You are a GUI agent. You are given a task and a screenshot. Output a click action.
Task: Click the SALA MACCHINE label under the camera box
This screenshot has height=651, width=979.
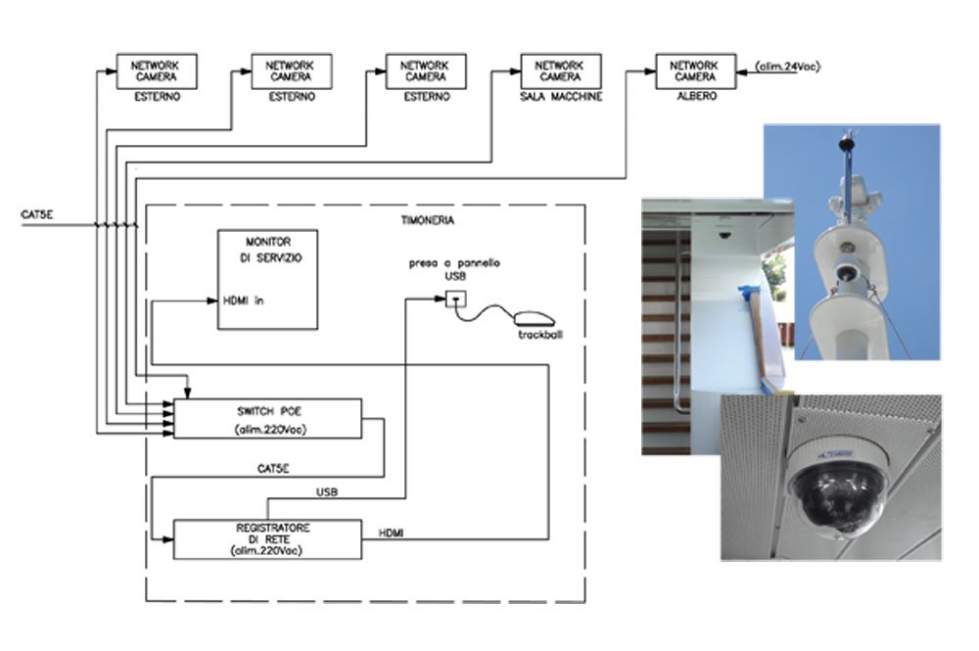(560, 98)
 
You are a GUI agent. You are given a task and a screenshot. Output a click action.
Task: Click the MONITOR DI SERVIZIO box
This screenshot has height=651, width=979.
(267, 279)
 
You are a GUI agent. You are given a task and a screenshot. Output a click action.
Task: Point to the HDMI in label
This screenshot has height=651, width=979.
(244, 301)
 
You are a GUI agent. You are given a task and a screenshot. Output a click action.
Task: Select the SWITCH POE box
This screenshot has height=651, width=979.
(267, 418)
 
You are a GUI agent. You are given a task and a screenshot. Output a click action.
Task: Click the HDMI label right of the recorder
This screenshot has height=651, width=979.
(393, 533)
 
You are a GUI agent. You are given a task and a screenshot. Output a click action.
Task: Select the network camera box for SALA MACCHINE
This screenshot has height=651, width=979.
(560, 71)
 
